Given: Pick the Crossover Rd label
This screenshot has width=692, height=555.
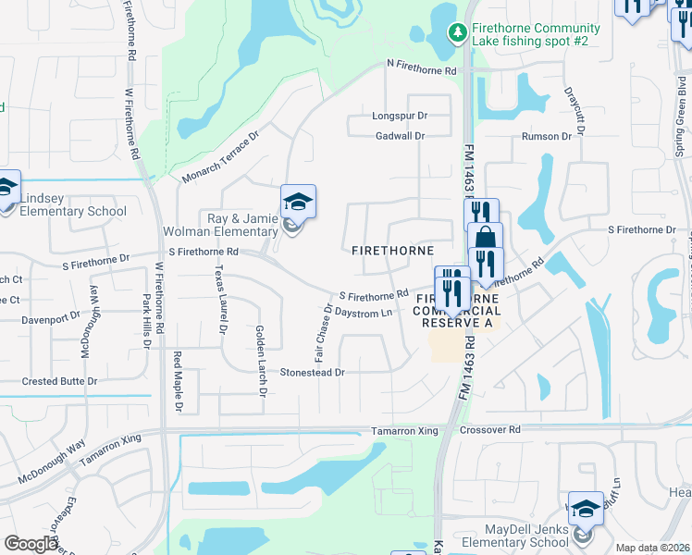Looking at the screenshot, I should click(x=490, y=430).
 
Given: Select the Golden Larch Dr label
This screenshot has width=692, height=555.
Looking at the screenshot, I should click(x=262, y=361).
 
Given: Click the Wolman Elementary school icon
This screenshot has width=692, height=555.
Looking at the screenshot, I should click(x=299, y=203).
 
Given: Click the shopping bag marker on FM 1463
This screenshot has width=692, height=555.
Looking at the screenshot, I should click(x=484, y=239).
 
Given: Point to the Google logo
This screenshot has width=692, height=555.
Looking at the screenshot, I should click(x=31, y=544).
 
